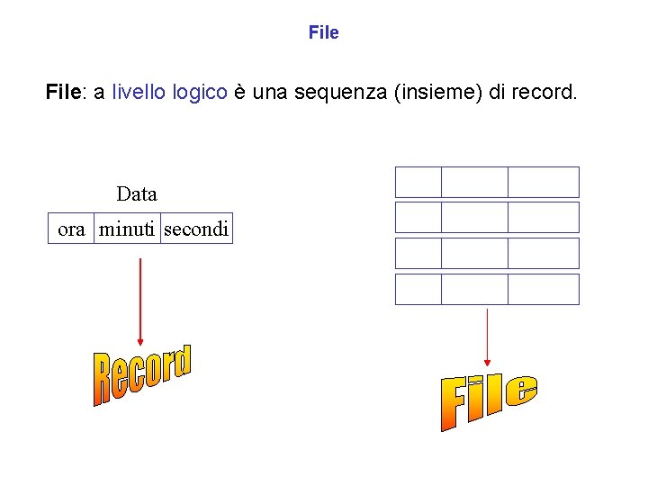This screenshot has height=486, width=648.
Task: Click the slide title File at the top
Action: pyautogui.click(x=323, y=33)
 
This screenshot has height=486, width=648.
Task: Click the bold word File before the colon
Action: pyautogui.click(x=62, y=92)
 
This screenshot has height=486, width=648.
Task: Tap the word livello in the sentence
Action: pyautogui.click(x=139, y=92)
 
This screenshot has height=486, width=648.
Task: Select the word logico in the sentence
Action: pyautogui.click(x=200, y=93)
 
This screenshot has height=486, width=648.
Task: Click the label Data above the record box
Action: pyautogui.click(x=137, y=193)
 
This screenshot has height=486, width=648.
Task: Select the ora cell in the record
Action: pyautogui.click(x=71, y=229)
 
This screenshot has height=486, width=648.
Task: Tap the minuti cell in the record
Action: pyautogui.click(x=127, y=229)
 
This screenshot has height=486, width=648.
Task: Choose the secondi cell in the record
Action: pyautogui.click(x=196, y=229)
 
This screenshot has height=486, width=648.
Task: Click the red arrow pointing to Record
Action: pyautogui.click(x=139, y=301)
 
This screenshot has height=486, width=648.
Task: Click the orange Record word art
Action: pyautogui.click(x=142, y=374)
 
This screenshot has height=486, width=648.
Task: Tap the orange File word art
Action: pyautogui.click(x=489, y=400)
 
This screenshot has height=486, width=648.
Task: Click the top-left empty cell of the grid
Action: pyautogui.click(x=418, y=182)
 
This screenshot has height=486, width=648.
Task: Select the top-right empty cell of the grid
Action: pyautogui.click(x=544, y=182)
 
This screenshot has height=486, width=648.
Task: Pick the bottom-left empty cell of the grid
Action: pyautogui.click(x=418, y=289)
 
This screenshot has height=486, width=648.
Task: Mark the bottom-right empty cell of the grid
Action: pyautogui.click(x=544, y=289)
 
